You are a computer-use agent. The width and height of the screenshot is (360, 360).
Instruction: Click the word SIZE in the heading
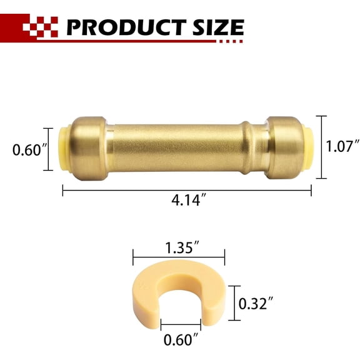pyautogui.click(x=217, y=27)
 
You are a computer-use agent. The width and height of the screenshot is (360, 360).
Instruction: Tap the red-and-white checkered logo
pyautogui.click(x=40, y=27)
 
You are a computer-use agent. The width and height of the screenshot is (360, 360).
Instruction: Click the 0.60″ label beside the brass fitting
pyautogui.click(x=28, y=149)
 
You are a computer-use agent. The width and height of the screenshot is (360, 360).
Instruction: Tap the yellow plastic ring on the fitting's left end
pyautogui.click(x=64, y=149)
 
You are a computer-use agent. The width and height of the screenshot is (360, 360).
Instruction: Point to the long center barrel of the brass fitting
pyautogui.click(x=187, y=147)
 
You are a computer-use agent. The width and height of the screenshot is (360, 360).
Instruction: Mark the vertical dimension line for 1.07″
pyautogui.click(x=322, y=147)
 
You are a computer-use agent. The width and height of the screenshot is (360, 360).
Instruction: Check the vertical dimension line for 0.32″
pyautogui.click(x=232, y=303)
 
